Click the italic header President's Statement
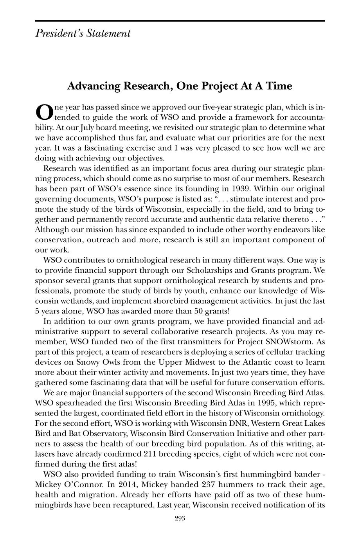(83, 33)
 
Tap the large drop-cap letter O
(43, 112)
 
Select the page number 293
(180, 519)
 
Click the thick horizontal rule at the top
(180, 20)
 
